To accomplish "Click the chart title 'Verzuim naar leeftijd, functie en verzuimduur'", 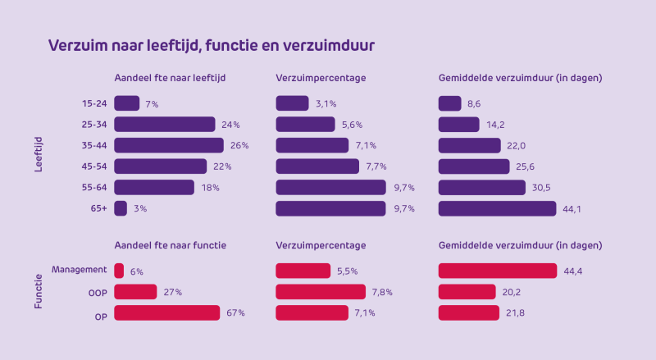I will point(212,45).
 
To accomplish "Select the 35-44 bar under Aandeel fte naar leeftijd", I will point(168,145).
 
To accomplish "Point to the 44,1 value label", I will point(572,208).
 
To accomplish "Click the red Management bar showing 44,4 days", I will point(497,271).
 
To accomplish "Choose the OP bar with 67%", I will point(166,312).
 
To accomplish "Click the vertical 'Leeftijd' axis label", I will point(39,155).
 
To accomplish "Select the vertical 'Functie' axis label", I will point(39,291).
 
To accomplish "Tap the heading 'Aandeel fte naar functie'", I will point(170,245).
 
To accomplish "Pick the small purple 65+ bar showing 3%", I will point(121,208).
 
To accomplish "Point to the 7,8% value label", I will point(382,292).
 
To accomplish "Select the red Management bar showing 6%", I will point(119,271).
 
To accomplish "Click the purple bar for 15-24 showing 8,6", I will point(449,103).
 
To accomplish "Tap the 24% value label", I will point(230,125).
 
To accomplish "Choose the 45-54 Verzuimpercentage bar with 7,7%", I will point(317,166).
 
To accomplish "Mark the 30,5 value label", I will point(542,188).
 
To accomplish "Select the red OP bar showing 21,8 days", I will point(468,312).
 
